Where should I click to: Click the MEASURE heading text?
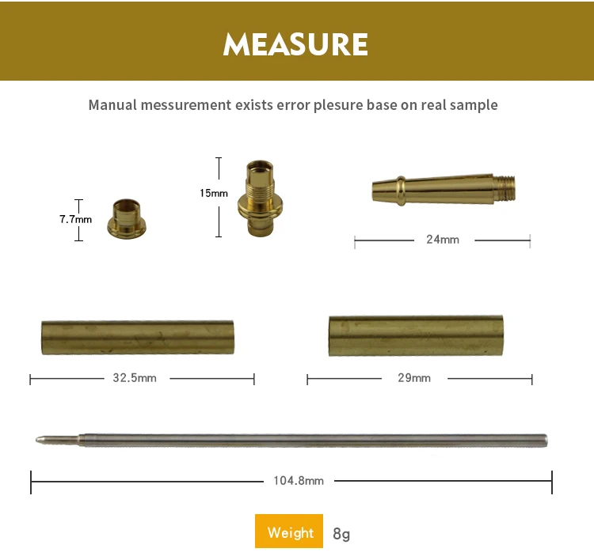[295, 44]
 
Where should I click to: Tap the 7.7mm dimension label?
[75, 219]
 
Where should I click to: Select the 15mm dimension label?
[214, 193]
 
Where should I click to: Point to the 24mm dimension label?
[443, 240]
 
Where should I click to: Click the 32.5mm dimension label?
[135, 378]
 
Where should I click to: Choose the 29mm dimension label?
[414, 378]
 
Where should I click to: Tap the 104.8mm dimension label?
[299, 481]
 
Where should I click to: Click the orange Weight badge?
[289, 531]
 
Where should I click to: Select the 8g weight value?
[341, 534]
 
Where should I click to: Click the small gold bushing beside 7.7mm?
[127, 219]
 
